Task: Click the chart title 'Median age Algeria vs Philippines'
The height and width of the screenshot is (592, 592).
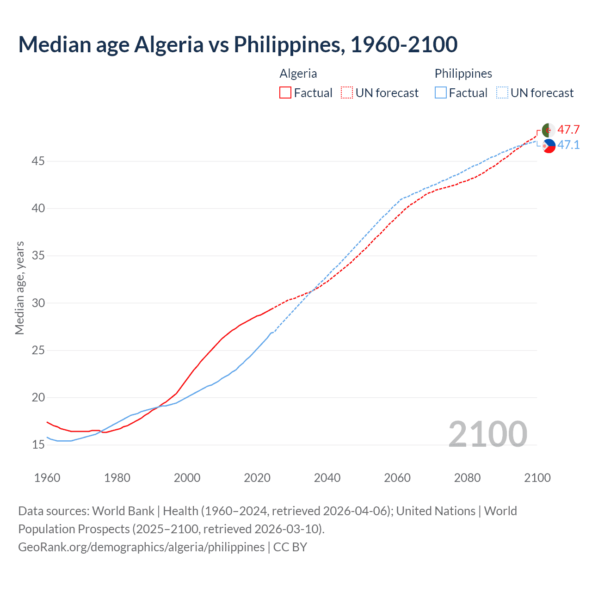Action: click(x=238, y=44)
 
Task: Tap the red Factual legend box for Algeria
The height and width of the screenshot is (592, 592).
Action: click(x=285, y=93)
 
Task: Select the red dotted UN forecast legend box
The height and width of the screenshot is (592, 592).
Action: click(x=347, y=93)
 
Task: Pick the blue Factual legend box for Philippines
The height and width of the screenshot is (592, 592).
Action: click(x=441, y=93)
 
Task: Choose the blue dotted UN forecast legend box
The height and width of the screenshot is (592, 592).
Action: click(x=502, y=93)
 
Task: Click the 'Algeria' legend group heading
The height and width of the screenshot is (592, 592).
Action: click(x=298, y=74)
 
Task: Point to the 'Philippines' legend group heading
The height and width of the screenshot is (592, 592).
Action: click(x=463, y=74)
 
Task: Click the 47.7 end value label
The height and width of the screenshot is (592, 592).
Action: click(x=568, y=129)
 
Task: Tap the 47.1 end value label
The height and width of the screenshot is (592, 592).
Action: click(x=568, y=145)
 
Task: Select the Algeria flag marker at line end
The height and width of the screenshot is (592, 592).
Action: click(x=549, y=130)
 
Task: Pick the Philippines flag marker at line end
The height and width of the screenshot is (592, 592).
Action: click(x=549, y=146)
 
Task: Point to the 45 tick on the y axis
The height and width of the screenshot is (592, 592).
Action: click(x=38, y=161)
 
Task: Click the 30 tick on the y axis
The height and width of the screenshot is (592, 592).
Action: click(x=38, y=303)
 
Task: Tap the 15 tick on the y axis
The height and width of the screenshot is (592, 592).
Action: click(x=38, y=444)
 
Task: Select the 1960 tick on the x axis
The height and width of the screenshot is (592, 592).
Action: click(x=47, y=478)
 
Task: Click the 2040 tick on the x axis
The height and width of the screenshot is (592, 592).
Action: click(x=327, y=478)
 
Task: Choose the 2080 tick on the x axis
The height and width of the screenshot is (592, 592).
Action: click(x=467, y=478)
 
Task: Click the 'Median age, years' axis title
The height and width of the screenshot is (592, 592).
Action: click(x=19, y=288)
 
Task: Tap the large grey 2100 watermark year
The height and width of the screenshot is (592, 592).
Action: click(x=487, y=434)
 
